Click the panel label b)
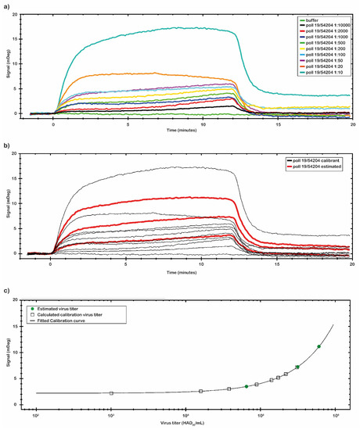[6, 145]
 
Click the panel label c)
[6, 292]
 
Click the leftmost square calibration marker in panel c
[111, 393]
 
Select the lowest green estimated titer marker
[246, 386]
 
